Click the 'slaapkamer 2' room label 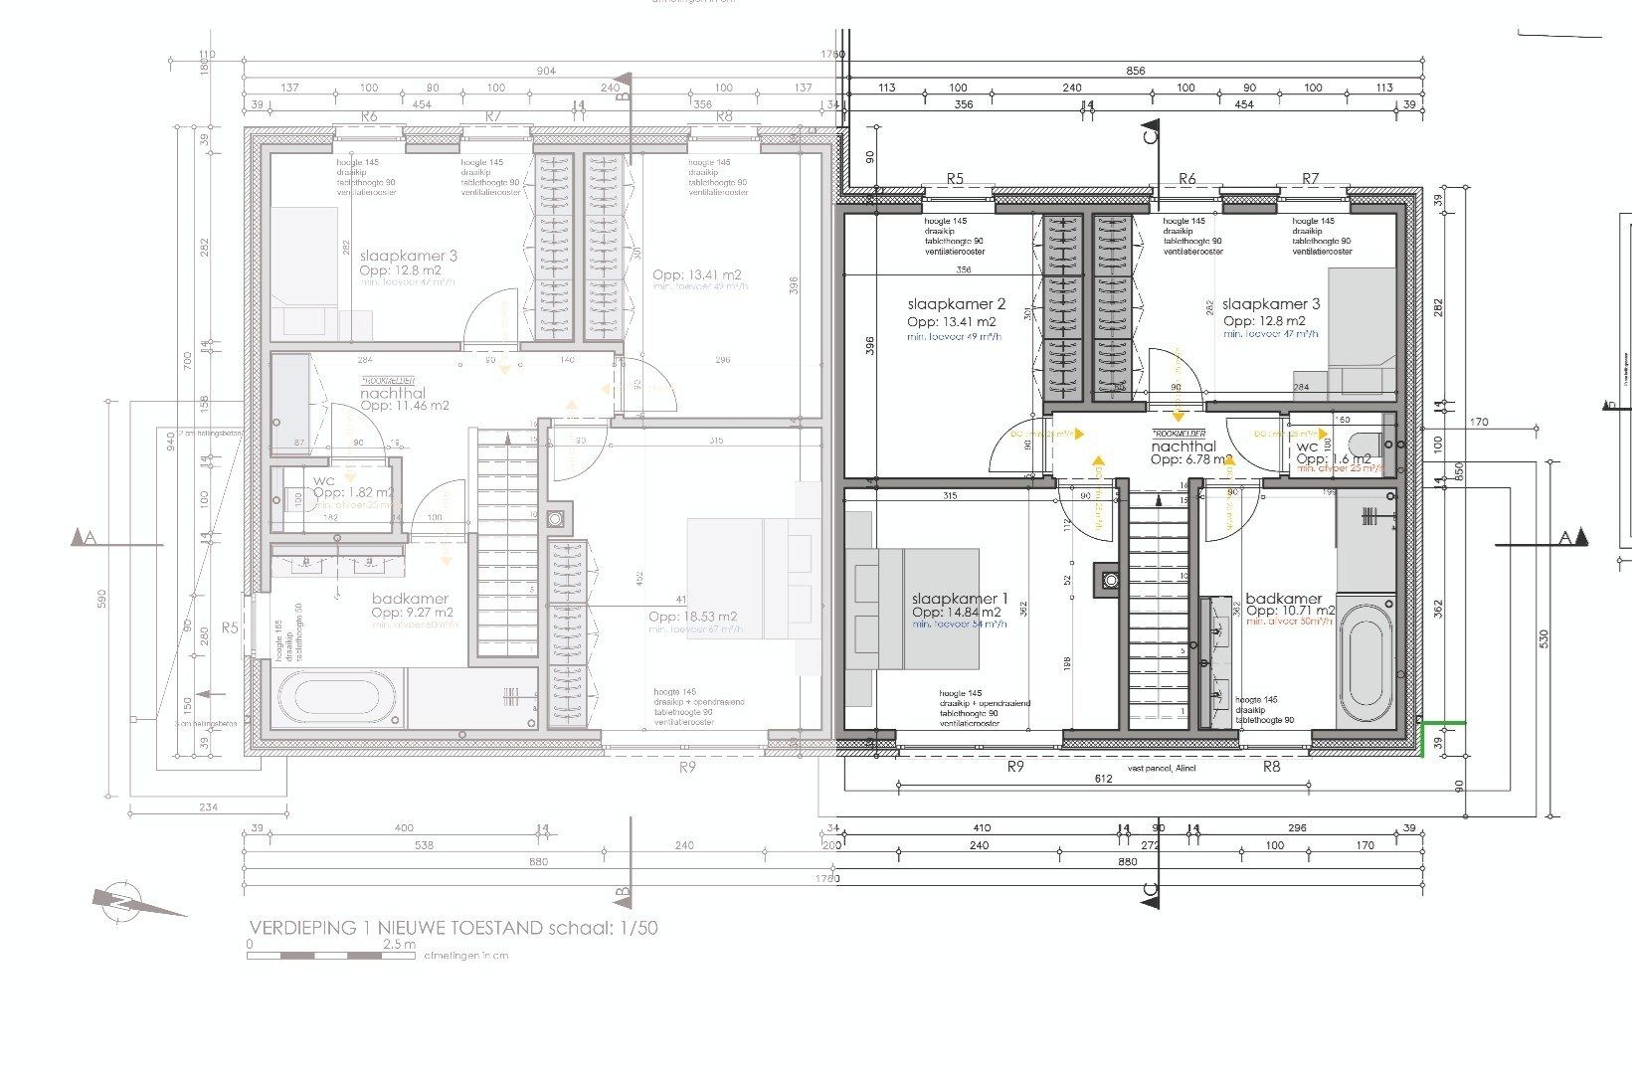coord(957,304)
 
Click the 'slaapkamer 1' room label coord(960,599)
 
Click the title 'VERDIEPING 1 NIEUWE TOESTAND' coord(395,928)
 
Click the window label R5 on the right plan coord(955,179)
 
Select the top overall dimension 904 coord(546,71)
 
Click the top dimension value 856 coord(1136,71)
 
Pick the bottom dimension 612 coord(1102,779)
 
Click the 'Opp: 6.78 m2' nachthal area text coord(1191,460)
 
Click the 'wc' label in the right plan coord(1307,447)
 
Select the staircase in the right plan coord(1159,607)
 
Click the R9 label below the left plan coord(687,767)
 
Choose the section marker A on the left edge coord(85,538)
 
